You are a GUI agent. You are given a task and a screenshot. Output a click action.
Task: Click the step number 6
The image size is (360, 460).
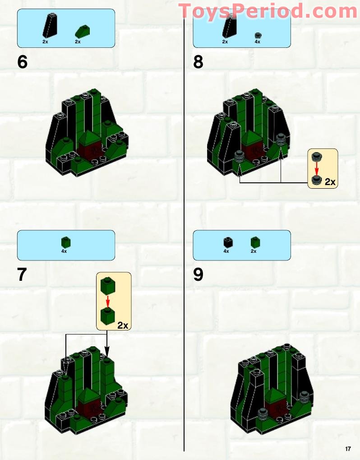(23, 62)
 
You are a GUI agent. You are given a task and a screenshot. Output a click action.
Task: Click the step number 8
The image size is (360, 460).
(198, 62)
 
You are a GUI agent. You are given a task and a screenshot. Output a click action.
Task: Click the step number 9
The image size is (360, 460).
(198, 274)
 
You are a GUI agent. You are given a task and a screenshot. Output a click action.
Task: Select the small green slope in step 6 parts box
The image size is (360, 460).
(82, 31)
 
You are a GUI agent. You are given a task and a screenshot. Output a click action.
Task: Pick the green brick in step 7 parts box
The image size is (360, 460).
(66, 242)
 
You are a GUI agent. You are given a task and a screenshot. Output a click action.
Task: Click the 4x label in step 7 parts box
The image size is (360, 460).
(64, 251)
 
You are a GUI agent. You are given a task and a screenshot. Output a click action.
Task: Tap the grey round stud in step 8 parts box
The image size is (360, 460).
(258, 35)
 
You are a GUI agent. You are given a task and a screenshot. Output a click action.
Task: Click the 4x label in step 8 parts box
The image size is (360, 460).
(257, 42)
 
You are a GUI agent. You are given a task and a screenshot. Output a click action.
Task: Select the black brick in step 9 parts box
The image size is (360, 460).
(227, 242)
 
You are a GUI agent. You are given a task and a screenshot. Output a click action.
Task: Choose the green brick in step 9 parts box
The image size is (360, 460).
(255, 242)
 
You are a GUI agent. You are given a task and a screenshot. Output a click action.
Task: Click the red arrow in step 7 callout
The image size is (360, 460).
(108, 300)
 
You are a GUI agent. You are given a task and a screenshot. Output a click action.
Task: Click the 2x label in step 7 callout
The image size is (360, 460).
(123, 325)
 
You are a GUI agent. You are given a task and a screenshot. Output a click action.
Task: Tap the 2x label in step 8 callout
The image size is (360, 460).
(330, 182)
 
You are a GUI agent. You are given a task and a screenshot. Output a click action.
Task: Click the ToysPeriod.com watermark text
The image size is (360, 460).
(268, 11)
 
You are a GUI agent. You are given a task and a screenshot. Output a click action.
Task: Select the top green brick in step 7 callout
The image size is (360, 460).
(107, 285)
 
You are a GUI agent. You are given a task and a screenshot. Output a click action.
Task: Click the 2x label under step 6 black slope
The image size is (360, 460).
(45, 42)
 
